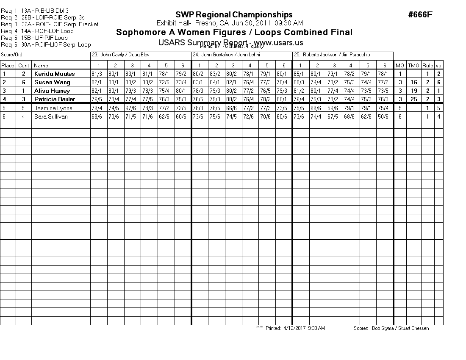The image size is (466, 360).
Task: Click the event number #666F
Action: (420, 15)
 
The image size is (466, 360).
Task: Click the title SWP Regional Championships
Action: (234, 15)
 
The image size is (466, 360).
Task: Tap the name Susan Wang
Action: (52, 82)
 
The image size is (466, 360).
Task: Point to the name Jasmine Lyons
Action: (53, 108)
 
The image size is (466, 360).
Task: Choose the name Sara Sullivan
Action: (51, 116)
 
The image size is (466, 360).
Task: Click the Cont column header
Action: (24, 65)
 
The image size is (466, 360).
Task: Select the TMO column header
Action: (413, 65)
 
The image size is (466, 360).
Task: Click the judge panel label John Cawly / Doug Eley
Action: (121, 55)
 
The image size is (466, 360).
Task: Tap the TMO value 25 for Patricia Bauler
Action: (414, 99)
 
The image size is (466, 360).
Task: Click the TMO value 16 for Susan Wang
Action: (414, 82)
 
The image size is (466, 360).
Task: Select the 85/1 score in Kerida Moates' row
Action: (299, 74)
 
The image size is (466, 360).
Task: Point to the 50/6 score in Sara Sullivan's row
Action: (384, 116)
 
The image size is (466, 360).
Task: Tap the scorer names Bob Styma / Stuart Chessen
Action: (400, 328)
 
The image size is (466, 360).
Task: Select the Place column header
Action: (8, 65)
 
